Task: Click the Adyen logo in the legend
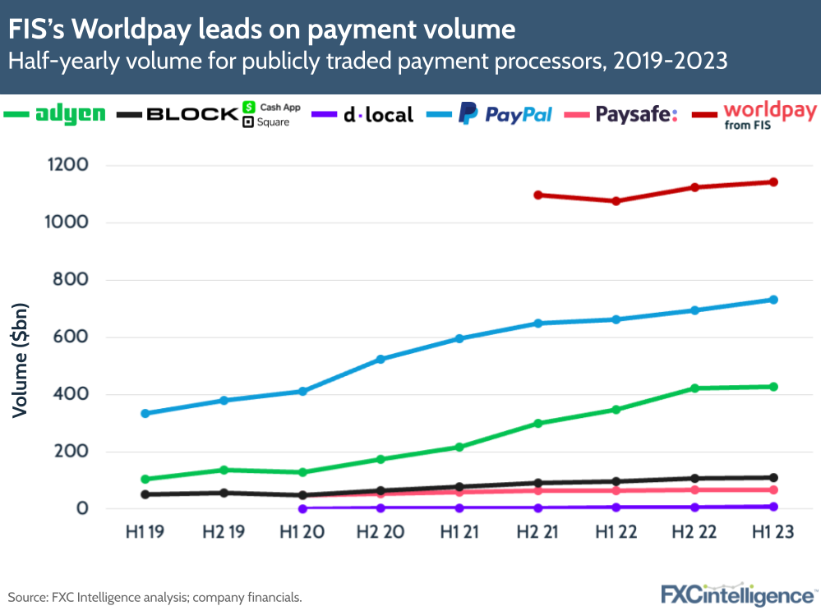pyautogui.click(x=71, y=115)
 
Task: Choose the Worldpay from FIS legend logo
pyautogui.click(x=770, y=115)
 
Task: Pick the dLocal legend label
pyautogui.click(x=377, y=115)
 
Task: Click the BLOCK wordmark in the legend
pyautogui.click(x=192, y=115)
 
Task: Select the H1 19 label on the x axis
pyautogui.click(x=145, y=532)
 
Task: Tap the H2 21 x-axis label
pyautogui.click(x=537, y=532)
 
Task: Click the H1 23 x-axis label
pyautogui.click(x=773, y=532)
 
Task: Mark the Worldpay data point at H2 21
pyautogui.click(x=537, y=195)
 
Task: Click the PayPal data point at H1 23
pyautogui.click(x=773, y=300)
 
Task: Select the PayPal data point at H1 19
pyautogui.click(x=145, y=413)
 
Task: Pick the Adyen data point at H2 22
pyautogui.click(x=694, y=388)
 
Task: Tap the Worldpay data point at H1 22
pyautogui.click(x=616, y=200)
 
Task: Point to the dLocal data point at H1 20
pyautogui.click(x=302, y=508)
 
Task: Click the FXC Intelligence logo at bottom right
pyautogui.click(x=737, y=594)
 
